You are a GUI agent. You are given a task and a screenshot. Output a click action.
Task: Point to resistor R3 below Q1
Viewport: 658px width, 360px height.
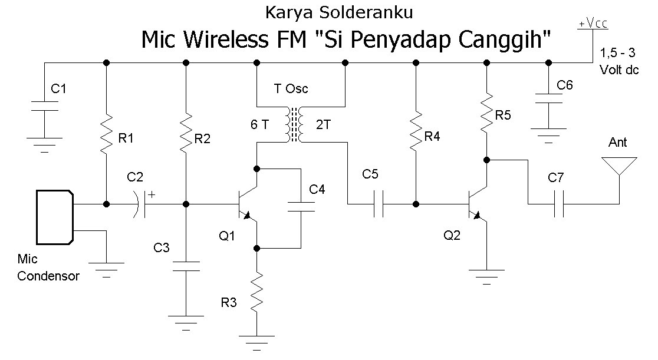pos(257,291)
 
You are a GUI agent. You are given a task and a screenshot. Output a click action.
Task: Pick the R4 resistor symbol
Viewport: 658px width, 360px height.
pos(416,129)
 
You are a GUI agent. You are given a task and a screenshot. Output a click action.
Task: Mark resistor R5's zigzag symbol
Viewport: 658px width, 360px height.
pos(487,111)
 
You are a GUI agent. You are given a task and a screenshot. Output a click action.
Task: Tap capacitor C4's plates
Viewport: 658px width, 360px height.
pos(301,206)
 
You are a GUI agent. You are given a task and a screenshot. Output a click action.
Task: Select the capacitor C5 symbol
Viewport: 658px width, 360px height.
pos(379,204)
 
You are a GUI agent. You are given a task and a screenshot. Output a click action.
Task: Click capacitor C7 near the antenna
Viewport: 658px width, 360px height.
pos(558,204)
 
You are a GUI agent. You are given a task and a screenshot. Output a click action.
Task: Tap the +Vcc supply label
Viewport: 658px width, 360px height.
pos(593,24)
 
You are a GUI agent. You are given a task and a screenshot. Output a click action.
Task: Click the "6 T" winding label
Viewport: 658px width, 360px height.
pos(259,124)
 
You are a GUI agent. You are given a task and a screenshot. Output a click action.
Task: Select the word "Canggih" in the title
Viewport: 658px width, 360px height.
pos(504,40)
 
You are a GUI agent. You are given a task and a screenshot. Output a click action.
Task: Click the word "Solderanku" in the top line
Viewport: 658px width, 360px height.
pos(366,12)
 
